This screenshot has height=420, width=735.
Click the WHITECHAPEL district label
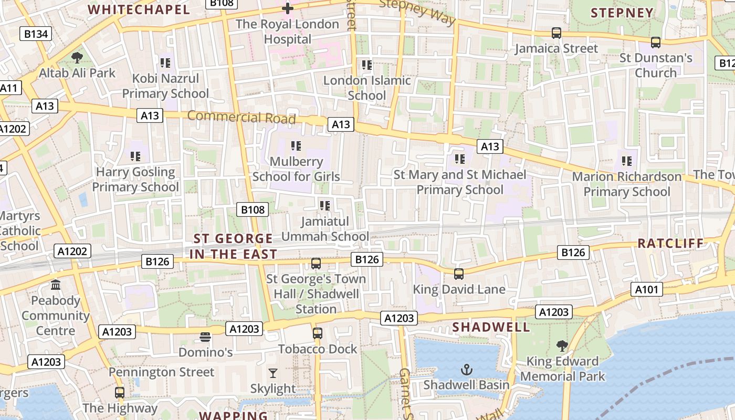(139, 9)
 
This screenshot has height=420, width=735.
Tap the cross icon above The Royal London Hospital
(287, 8)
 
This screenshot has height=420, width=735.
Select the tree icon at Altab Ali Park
(77, 57)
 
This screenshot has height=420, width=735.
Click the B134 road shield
(36, 34)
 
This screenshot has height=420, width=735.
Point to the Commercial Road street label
(241, 117)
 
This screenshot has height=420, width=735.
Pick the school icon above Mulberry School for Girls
(296, 145)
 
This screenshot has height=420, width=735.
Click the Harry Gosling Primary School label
(135, 179)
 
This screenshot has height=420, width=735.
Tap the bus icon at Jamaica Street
(556, 33)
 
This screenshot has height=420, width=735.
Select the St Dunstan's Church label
(656, 65)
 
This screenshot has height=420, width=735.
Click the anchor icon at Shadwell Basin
(467, 370)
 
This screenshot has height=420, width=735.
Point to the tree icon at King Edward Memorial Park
(562, 345)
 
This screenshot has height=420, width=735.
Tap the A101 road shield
(648, 289)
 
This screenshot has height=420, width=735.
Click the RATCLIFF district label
(670, 243)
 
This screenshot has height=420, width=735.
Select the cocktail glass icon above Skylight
(272, 373)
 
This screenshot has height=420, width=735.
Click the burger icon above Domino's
(205, 337)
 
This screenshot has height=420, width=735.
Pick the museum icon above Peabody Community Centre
(56, 285)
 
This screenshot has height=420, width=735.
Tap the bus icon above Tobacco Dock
(318, 333)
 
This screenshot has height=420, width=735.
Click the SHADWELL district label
(491, 327)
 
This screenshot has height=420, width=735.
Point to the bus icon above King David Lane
(459, 274)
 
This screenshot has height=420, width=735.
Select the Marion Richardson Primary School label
(627, 184)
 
